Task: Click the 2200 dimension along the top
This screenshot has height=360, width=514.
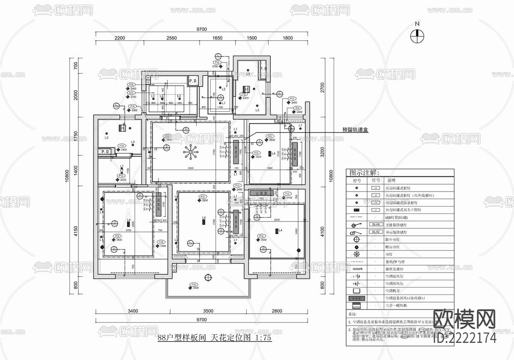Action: tap(120, 38)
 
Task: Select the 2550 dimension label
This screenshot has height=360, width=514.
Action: tap(171, 38)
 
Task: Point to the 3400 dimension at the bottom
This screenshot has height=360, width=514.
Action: tap(132, 311)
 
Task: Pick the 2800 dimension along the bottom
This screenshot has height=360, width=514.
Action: tap(277, 311)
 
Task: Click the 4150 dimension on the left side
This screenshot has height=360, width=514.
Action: tap(76, 231)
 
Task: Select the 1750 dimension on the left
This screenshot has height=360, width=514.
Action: tap(76, 137)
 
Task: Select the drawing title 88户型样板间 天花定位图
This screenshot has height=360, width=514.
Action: tap(214, 338)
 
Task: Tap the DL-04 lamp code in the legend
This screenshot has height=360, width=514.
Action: tap(375, 225)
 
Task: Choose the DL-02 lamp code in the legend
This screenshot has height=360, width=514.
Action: tap(375, 232)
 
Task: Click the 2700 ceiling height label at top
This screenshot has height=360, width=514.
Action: tap(218, 67)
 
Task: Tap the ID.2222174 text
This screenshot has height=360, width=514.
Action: tap(465, 338)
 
